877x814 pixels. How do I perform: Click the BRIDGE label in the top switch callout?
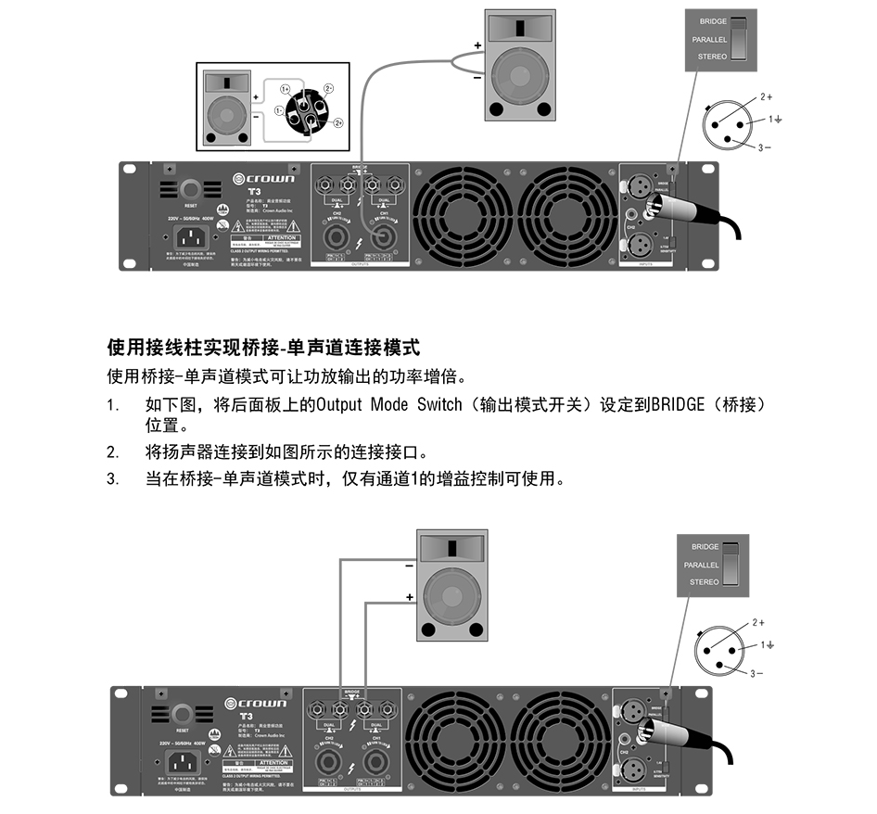click(714, 21)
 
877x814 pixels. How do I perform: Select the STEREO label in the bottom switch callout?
click(705, 582)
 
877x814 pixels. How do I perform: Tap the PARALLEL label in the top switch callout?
click(709, 40)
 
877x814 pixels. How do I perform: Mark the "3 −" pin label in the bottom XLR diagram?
click(758, 673)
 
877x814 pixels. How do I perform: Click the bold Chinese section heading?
click(263, 348)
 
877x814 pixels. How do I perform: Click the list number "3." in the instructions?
click(113, 478)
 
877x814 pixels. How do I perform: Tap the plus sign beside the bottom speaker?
click(409, 598)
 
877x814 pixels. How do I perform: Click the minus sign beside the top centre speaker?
click(477, 79)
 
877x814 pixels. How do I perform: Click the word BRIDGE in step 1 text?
click(678, 406)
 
